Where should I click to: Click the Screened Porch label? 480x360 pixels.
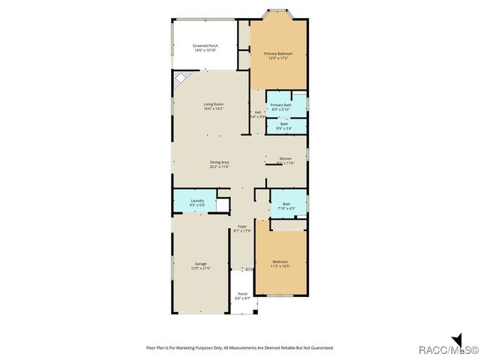[205, 48]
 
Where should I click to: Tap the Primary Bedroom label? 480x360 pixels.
[278, 54]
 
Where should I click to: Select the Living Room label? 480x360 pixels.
[214, 106]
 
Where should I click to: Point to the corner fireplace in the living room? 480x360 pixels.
[179, 80]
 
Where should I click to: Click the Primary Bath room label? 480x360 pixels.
[281, 107]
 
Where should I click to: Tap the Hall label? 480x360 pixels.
[257, 115]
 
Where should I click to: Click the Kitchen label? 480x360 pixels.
[286, 160]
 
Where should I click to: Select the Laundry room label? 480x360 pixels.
[197, 202]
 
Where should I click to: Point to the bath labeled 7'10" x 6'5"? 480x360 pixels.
[286, 205]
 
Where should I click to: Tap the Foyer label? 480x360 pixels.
[242, 228]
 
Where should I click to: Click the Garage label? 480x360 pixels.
[201, 265]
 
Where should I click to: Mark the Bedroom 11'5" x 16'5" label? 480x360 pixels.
[280, 263]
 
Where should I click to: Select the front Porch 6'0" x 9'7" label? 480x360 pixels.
[242, 296]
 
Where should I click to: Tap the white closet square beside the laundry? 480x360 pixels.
[223, 205]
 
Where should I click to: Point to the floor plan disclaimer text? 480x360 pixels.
[239, 348]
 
